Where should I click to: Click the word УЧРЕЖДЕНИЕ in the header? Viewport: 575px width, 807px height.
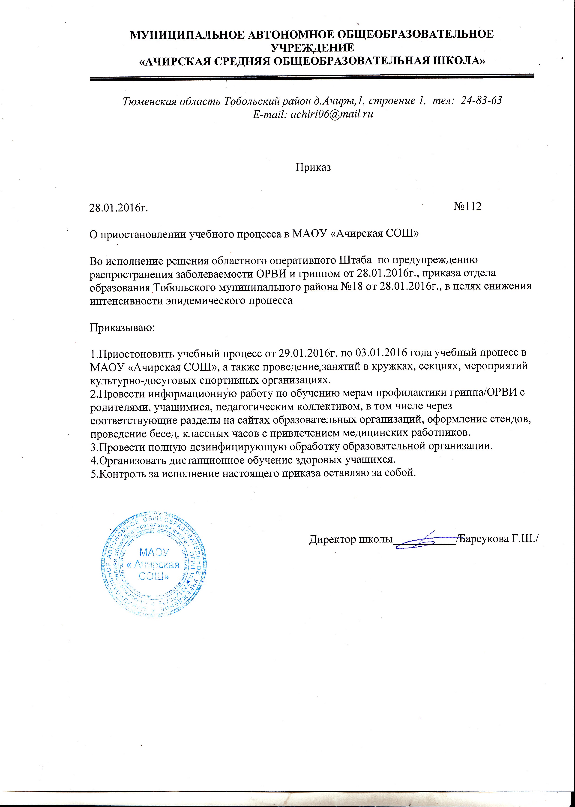pos(312,48)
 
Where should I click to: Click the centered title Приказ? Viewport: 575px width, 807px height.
pos(313,167)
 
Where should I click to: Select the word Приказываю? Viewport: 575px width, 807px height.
pos(122,327)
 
